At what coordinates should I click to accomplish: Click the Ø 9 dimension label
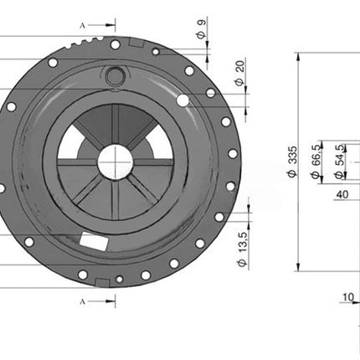(x=200, y=28)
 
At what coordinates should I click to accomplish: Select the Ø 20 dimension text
(x=240, y=73)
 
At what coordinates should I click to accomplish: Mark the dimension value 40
(x=342, y=194)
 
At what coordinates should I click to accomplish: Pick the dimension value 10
(x=347, y=296)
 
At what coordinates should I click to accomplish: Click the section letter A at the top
(x=82, y=26)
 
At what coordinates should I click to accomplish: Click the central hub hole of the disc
(x=114, y=162)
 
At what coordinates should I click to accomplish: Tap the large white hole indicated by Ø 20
(x=183, y=100)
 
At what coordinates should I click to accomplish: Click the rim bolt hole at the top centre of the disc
(x=115, y=44)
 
